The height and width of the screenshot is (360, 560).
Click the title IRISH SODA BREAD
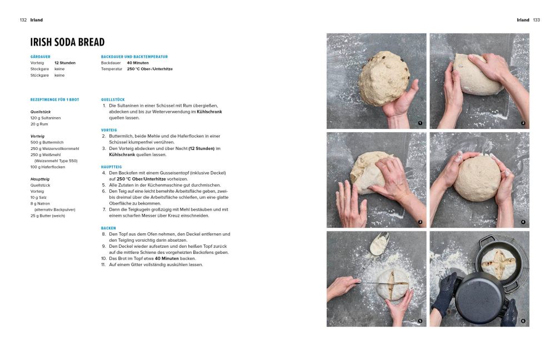tap(67, 42)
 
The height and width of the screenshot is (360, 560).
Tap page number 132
tap(23, 20)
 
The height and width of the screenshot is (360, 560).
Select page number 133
tap(537, 20)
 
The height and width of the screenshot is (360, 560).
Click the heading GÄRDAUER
tap(41, 57)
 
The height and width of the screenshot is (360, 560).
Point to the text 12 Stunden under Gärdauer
tap(65, 63)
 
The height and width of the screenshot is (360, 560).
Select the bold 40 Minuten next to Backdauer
tap(138, 63)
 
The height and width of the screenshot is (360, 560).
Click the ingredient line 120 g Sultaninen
tap(46, 118)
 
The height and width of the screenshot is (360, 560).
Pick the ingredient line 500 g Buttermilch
tap(47, 142)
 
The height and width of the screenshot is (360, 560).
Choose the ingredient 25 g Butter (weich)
tap(48, 216)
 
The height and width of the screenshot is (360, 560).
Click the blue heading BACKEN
tap(108, 228)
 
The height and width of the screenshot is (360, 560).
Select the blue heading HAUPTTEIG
tap(112, 167)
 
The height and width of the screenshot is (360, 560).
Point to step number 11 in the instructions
tap(103, 264)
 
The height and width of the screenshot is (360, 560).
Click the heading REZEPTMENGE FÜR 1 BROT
tap(54, 99)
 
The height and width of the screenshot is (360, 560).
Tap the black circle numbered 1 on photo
tap(420, 123)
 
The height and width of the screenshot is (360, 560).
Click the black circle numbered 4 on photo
tap(523, 222)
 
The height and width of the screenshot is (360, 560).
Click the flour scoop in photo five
tap(378, 243)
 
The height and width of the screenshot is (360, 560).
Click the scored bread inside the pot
tap(498, 264)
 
